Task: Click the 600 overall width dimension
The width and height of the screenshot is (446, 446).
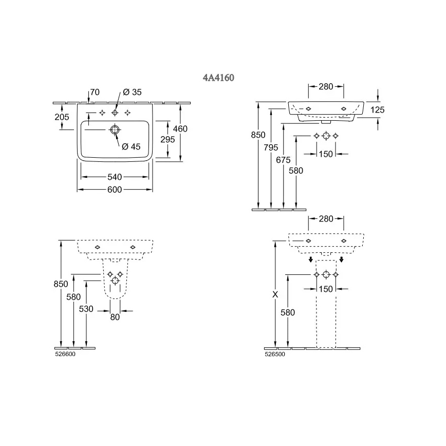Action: point(115,190)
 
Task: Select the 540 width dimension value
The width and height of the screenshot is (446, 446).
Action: point(115,177)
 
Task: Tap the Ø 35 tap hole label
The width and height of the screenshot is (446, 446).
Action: point(132,92)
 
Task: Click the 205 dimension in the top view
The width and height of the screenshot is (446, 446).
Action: point(62,117)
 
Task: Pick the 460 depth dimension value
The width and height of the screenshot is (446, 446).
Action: point(180,129)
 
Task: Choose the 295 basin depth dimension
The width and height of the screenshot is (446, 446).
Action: point(168,140)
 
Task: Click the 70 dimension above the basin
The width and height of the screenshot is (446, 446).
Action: point(95,92)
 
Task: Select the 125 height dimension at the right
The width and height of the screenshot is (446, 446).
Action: point(377,110)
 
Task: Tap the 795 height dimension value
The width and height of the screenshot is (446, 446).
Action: point(272,148)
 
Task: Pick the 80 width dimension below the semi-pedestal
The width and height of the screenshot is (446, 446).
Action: point(115,318)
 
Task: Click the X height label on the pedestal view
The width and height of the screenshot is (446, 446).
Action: point(275,295)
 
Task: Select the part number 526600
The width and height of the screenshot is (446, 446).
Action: point(65,354)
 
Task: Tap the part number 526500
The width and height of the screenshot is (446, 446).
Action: point(275,354)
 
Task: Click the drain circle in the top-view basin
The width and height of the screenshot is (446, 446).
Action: point(115,129)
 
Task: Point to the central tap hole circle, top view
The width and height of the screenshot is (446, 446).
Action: point(115,113)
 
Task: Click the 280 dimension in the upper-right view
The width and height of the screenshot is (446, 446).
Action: point(326,87)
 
